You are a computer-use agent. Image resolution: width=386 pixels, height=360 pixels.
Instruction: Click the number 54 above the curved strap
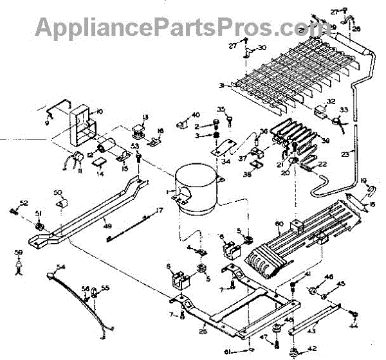point(61,266)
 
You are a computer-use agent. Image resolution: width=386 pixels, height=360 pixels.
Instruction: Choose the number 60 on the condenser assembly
point(279,224)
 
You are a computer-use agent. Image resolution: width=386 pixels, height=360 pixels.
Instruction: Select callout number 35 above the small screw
point(221,109)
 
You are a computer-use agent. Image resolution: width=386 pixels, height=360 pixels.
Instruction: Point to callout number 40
point(196,115)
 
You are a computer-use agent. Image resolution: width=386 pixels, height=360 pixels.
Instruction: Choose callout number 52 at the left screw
point(24,203)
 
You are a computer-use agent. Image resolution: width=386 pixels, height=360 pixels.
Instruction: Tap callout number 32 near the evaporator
point(331,102)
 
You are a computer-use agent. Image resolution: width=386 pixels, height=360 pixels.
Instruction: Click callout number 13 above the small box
point(145,117)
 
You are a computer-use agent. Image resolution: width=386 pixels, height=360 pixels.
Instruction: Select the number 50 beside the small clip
point(57,193)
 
